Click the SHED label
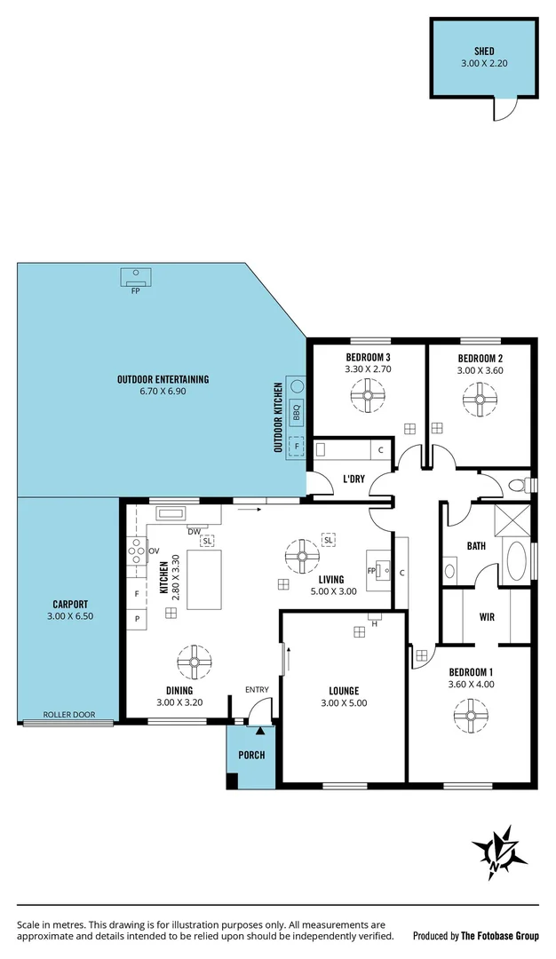483,52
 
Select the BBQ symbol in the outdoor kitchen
297,411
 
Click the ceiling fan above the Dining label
194,661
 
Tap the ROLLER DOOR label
68,714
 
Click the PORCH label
251,755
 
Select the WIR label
487,615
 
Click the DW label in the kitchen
192,531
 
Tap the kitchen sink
170,512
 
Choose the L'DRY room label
353,479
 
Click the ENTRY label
257,690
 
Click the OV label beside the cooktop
153,551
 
